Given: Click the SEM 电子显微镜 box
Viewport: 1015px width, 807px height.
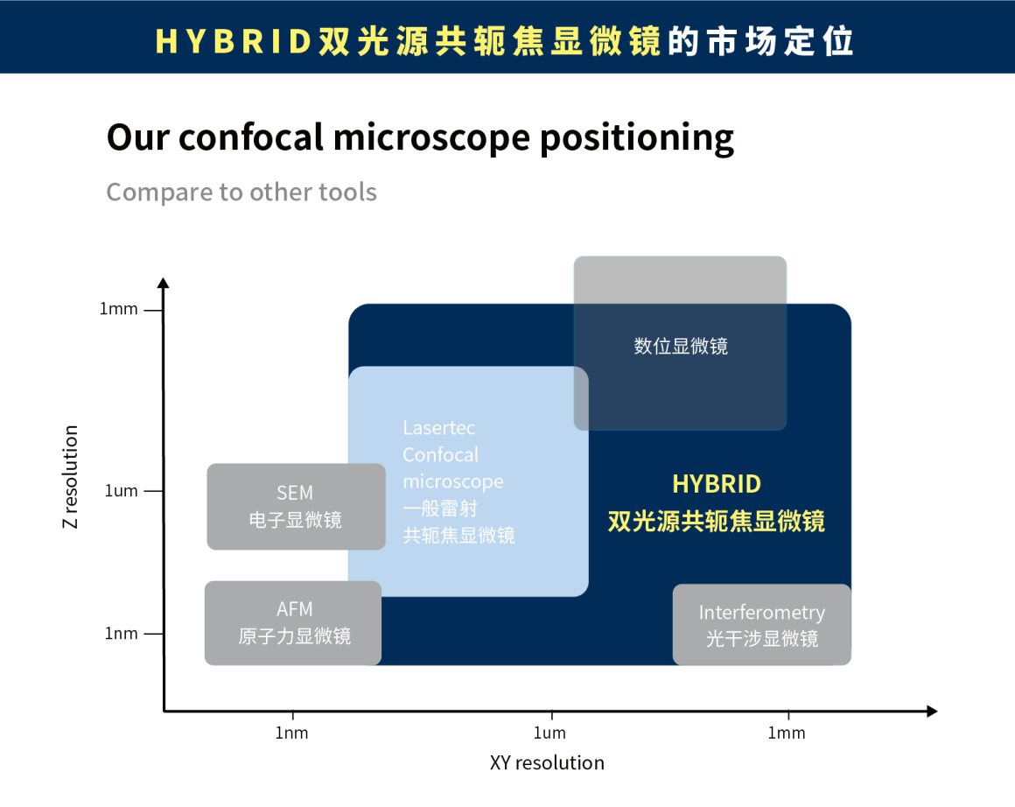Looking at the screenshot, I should pyautogui.click(x=296, y=507).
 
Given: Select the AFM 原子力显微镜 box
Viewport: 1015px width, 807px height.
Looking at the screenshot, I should pyautogui.click(x=293, y=623).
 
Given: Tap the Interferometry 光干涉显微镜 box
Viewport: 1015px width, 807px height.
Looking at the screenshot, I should pyautogui.click(x=761, y=625).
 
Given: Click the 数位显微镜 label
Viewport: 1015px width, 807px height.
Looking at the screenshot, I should pyautogui.click(x=681, y=347).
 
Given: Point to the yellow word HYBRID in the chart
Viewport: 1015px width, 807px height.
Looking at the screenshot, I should pyautogui.click(x=717, y=484).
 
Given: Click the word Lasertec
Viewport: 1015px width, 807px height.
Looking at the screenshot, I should pyautogui.click(x=439, y=428).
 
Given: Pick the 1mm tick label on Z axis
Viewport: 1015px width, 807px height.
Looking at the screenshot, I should pyautogui.click(x=118, y=309).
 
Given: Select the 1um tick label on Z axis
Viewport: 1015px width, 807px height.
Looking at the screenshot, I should pyautogui.click(x=122, y=491).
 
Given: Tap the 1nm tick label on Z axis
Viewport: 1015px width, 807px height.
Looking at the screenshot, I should pyautogui.click(x=122, y=633).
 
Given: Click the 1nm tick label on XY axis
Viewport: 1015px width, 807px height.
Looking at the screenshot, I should pyautogui.click(x=291, y=733).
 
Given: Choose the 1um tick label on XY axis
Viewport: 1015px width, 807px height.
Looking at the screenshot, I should pyautogui.click(x=549, y=733).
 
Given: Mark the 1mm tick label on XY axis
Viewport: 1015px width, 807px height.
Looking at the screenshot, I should pyautogui.click(x=787, y=733).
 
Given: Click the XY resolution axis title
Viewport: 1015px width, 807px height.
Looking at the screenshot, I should pyautogui.click(x=547, y=762).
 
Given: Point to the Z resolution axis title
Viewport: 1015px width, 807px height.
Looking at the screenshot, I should pyautogui.click(x=71, y=477).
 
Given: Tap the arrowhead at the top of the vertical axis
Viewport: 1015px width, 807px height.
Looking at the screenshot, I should pyautogui.click(x=163, y=283).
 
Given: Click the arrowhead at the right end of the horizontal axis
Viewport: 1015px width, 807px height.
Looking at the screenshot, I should pyautogui.click(x=932, y=712).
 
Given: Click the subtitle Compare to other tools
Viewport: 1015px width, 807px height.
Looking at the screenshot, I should pyautogui.click(x=241, y=192).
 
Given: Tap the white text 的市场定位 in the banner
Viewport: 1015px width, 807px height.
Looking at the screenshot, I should pyautogui.click(x=760, y=41).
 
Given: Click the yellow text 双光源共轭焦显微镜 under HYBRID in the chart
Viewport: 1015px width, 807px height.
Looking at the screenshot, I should pyautogui.click(x=717, y=521).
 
